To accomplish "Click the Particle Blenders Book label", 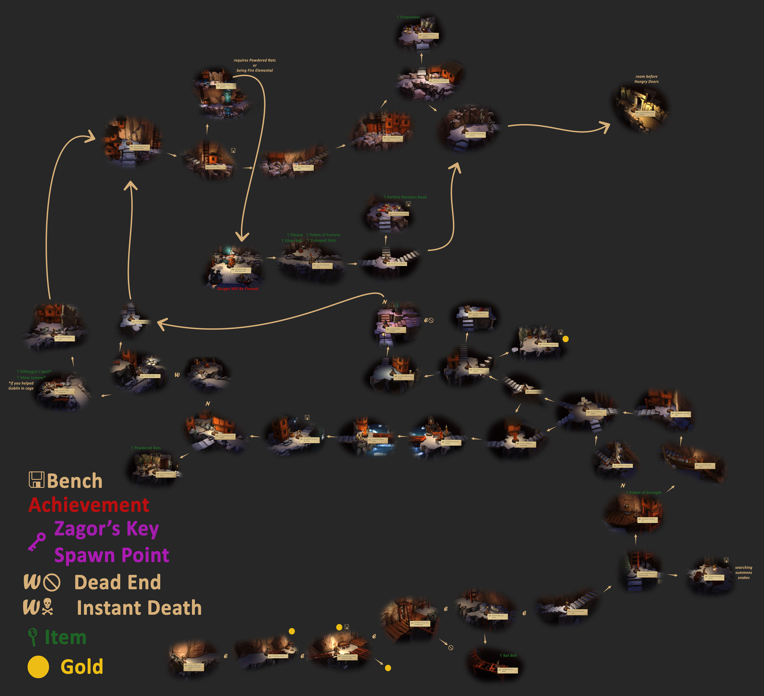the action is tap(406, 197).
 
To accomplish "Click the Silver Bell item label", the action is tap(293, 241).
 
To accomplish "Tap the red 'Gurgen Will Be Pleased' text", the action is tap(238, 289).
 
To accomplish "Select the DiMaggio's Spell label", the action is tap(35, 371).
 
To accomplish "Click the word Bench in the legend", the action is tap(75, 481).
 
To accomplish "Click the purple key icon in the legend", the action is tap(37, 541).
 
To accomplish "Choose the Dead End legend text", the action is tap(118, 582).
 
